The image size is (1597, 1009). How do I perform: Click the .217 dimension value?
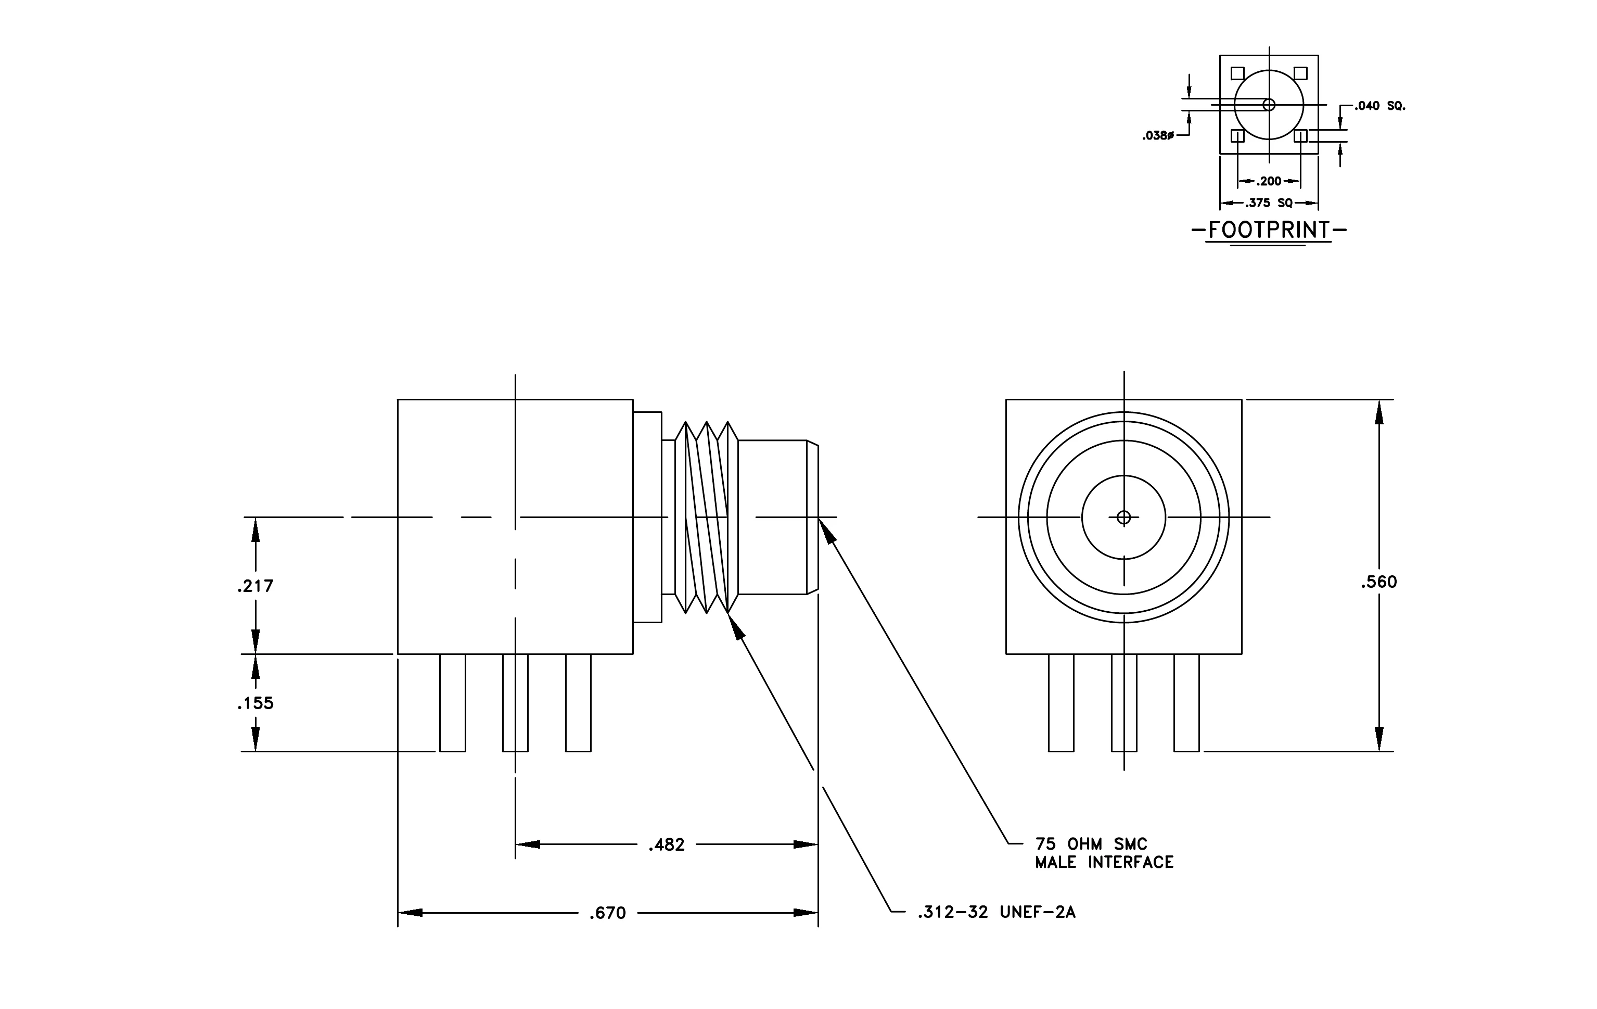[255, 586]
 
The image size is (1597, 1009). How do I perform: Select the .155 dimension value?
[255, 703]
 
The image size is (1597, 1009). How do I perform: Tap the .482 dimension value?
[667, 845]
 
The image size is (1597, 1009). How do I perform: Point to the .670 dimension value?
[607, 914]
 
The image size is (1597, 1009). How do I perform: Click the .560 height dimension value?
[1379, 582]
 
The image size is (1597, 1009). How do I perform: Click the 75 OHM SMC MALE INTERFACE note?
[1104, 853]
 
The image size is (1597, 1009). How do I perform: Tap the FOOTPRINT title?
[1269, 230]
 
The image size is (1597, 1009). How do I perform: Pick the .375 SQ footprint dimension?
[1269, 203]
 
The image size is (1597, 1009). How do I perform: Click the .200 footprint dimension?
[1269, 181]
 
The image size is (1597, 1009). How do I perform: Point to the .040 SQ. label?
[1379, 106]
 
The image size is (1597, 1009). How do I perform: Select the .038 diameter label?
[1158, 136]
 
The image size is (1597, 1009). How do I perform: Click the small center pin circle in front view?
[1123, 518]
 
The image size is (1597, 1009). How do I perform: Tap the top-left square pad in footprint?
[1237, 73]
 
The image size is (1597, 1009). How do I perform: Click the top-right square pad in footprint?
[1300, 73]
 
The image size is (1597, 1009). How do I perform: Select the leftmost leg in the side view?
[452, 702]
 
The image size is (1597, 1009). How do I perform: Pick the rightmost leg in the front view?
[1186, 702]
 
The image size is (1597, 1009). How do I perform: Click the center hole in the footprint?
[1269, 105]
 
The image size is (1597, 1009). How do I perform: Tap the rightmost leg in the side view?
[578, 702]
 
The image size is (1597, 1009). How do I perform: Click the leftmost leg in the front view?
[1061, 702]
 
